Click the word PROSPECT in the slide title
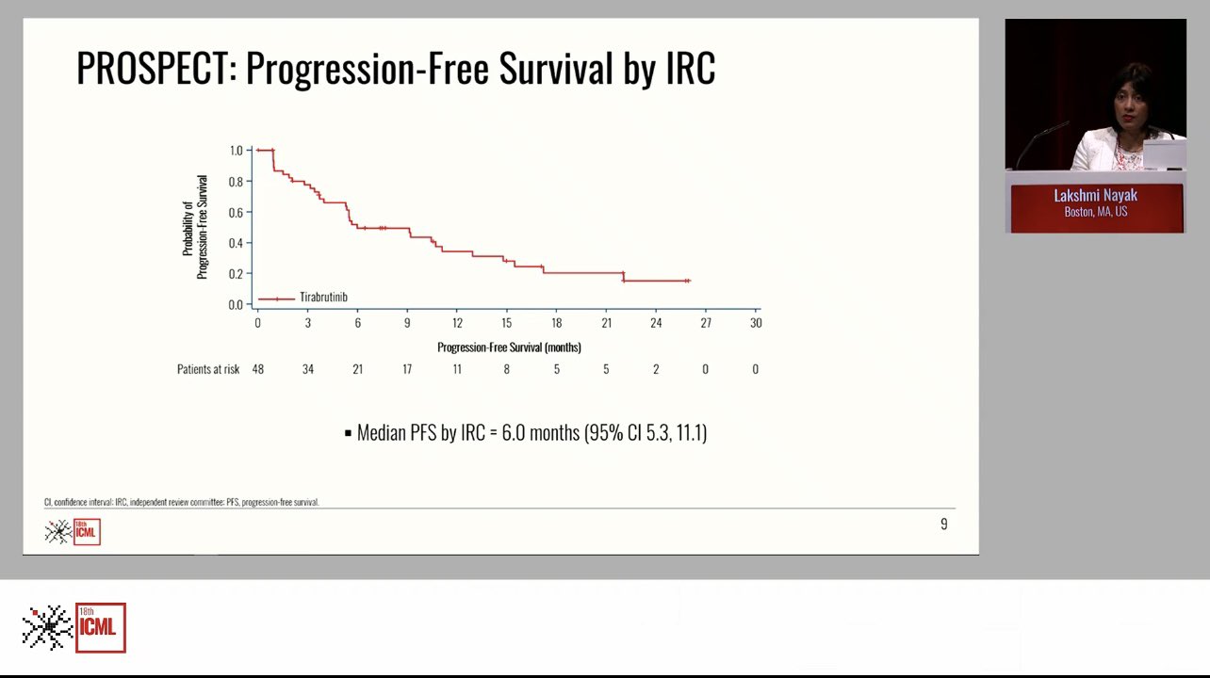pyautogui.click(x=153, y=68)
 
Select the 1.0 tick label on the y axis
pyautogui.click(x=236, y=150)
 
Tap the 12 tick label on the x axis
pyautogui.click(x=457, y=323)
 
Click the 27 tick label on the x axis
pyautogui.click(x=706, y=323)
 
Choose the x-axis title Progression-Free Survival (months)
pyautogui.click(x=509, y=347)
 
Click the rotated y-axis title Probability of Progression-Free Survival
pyautogui.click(x=194, y=227)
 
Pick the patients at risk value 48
pyautogui.click(x=258, y=369)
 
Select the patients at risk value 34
pyautogui.click(x=308, y=369)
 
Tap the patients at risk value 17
pyautogui.click(x=407, y=369)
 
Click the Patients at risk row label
pyautogui.click(x=208, y=369)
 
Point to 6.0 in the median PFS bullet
pyautogui.click(x=514, y=433)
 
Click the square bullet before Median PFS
pyautogui.click(x=348, y=433)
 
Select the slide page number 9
pyautogui.click(x=943, y=525)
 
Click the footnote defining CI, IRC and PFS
pyautogui.click(x=182, y=502)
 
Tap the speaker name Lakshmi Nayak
pyautogui.click(x=1095, y=196)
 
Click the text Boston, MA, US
pyautogui.click(x=1095, y=212)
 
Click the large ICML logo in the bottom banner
pyautogui.click(x=74, y=628)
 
